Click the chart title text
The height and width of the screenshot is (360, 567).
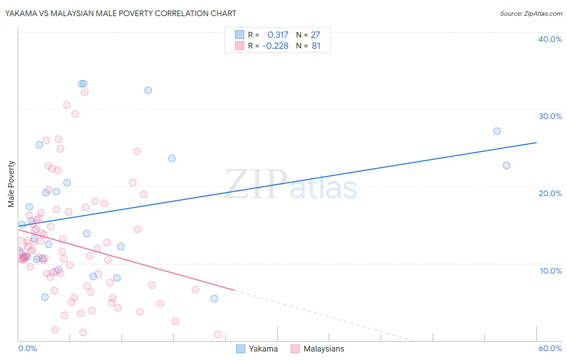121,13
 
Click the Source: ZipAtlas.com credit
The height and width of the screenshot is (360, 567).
531,13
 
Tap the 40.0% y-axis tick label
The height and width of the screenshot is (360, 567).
550,39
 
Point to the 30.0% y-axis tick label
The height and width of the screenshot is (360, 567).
550,116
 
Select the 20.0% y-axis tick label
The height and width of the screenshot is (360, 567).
550,193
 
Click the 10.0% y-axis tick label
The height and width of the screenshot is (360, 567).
550,271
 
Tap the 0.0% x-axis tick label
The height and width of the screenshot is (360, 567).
27,348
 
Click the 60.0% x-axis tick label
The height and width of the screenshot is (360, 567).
550,348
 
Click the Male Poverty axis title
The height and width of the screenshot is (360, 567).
11,184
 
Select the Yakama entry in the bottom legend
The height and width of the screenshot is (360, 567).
263,349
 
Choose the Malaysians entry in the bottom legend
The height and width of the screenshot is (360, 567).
323,349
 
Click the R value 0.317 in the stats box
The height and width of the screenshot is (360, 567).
278,35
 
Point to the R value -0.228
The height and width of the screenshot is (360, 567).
275,46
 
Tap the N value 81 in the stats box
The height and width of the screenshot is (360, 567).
316,46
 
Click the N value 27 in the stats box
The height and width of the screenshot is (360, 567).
315,35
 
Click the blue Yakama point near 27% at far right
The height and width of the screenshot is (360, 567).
497,131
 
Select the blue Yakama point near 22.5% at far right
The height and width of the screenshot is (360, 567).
507,165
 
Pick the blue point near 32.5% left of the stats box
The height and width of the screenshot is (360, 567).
148,90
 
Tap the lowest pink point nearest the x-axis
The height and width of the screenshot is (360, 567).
217,334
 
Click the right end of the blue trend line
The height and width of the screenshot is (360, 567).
536,142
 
